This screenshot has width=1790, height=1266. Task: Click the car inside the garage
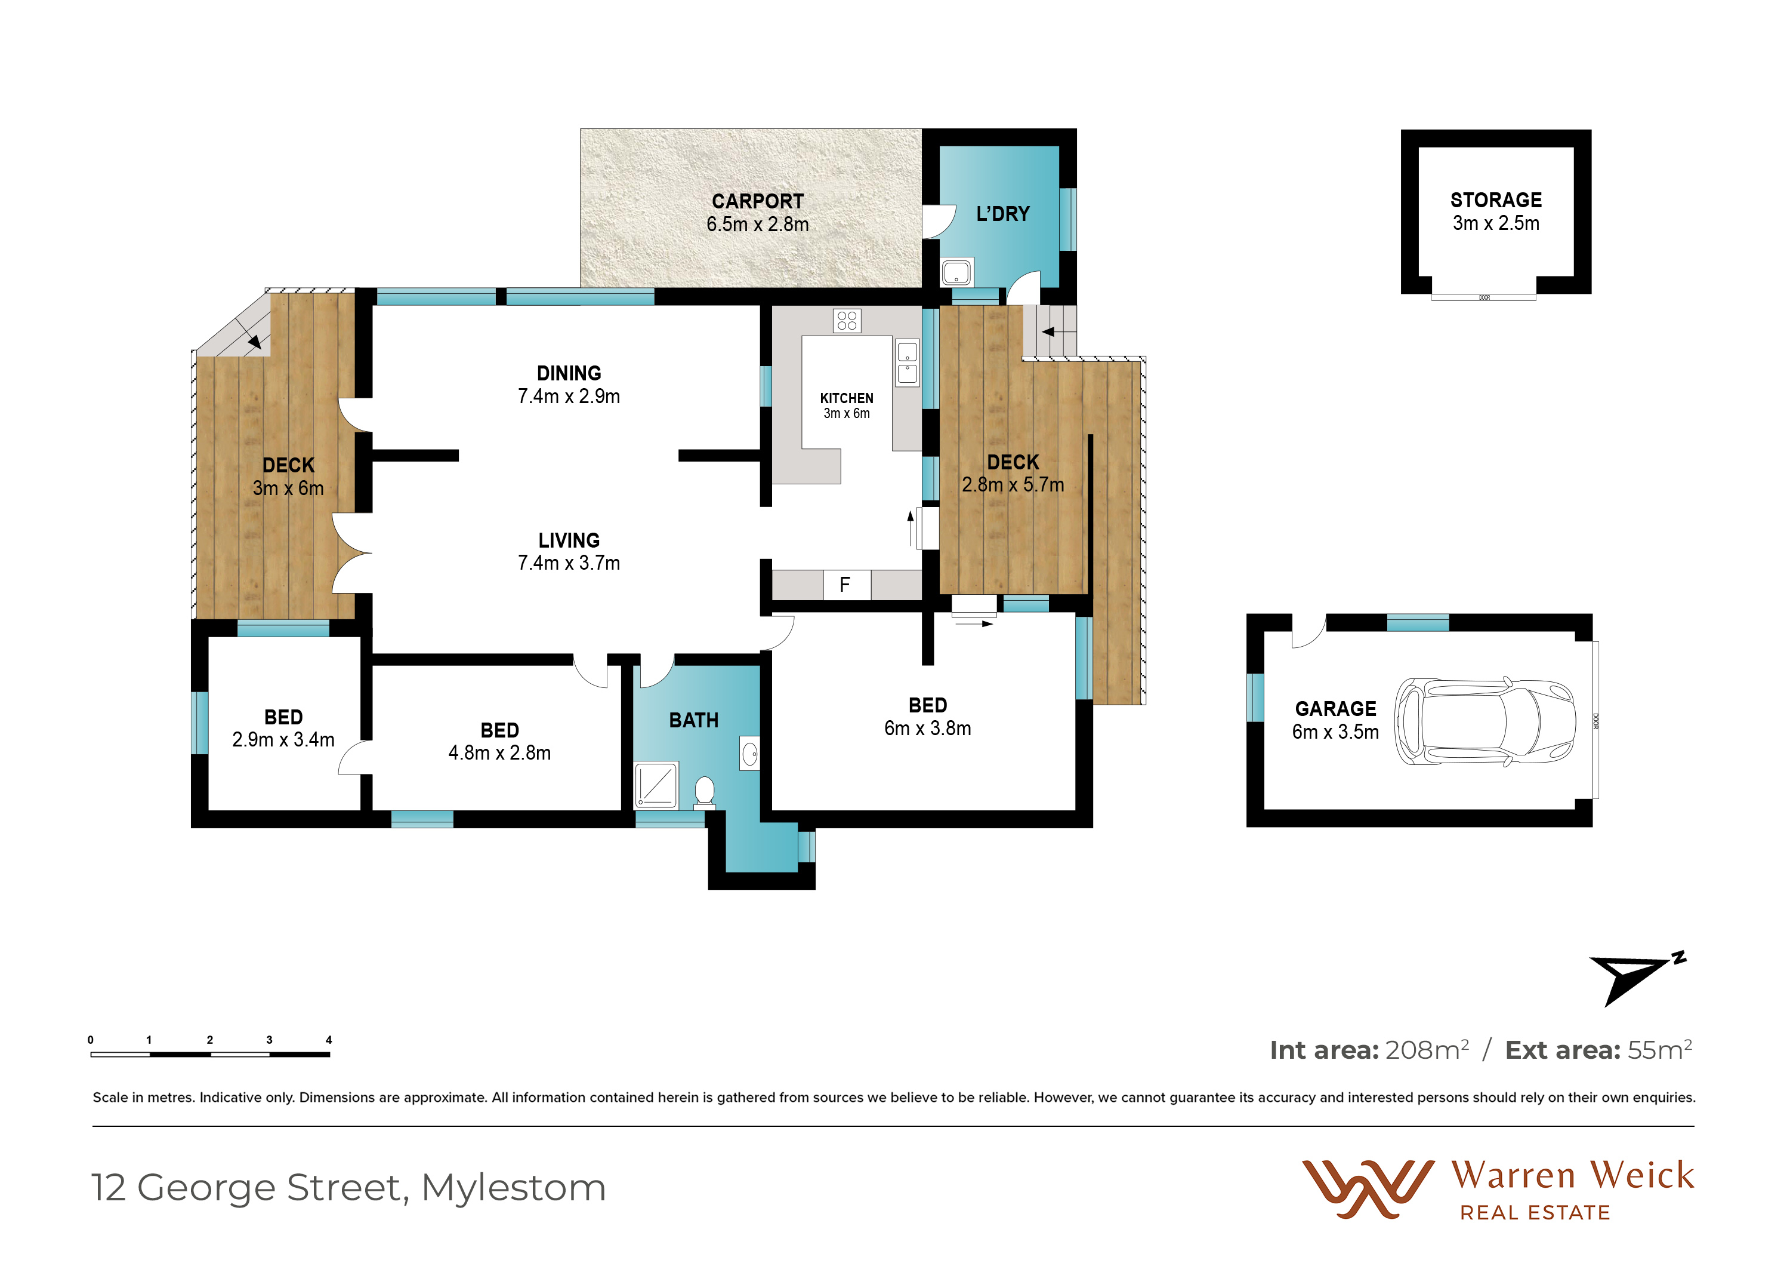1485,721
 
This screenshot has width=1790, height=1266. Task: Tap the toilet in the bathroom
704,792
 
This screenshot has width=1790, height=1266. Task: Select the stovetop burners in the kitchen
847,321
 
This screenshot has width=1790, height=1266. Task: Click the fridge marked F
847,584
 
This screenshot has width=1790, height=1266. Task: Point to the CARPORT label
757,201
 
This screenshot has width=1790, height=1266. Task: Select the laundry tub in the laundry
956,272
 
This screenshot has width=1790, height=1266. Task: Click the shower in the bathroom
656,784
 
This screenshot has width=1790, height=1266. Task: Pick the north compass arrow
1635,978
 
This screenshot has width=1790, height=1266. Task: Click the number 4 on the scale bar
329,1040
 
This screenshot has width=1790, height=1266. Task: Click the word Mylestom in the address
513,1188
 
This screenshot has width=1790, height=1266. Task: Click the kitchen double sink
907,362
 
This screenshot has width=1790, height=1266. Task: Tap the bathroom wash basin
749,754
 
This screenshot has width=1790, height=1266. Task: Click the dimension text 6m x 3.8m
928,729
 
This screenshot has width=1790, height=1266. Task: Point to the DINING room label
569,374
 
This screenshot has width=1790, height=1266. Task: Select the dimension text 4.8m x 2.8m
500,754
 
